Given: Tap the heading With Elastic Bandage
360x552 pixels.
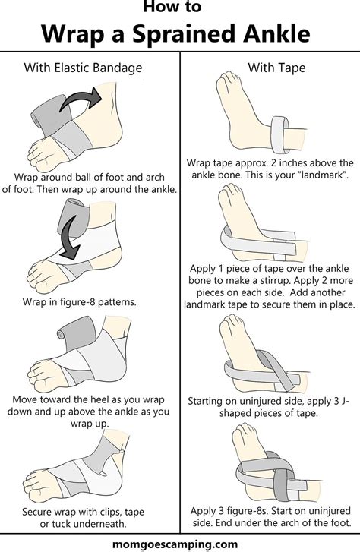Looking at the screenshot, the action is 83,68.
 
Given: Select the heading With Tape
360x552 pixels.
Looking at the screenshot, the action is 276,68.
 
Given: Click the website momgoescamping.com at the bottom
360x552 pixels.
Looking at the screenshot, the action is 175,544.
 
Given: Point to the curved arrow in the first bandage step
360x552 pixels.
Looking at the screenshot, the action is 80,98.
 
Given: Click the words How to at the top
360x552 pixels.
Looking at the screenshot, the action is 172,7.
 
